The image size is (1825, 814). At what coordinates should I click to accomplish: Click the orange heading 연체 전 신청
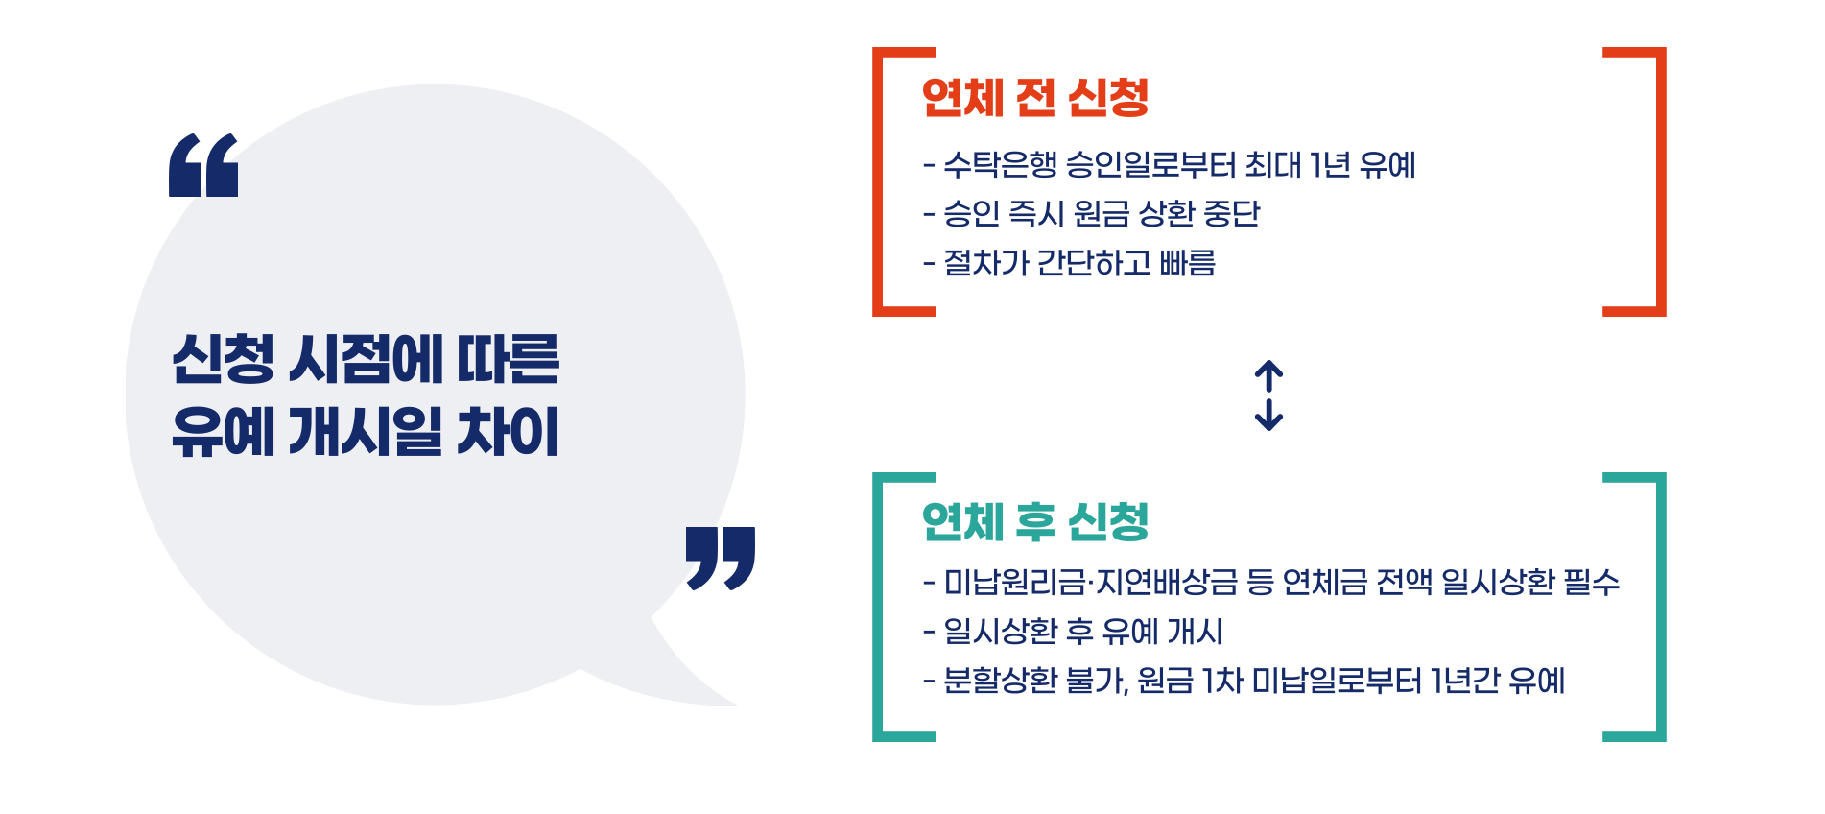[x=1034, y=98]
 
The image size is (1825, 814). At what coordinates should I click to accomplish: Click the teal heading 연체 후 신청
[x=1034, y=523]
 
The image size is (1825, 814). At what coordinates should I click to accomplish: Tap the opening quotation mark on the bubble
[x=203, y=166]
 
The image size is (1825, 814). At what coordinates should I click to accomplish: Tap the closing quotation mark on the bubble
[x=720, y=557]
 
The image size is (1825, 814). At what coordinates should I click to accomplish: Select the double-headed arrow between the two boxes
[x=1268, y=395]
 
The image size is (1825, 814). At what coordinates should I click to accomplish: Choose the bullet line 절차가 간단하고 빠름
[x=1070, y=263]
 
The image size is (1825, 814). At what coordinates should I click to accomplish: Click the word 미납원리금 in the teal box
[x=1015, y=582]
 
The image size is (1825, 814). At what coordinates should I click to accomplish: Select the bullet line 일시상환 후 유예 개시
[x=1074, y=632]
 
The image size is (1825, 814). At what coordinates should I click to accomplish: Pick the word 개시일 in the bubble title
[x=366, y=432]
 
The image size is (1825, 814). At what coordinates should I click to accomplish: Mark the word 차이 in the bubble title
[x=508, y=432]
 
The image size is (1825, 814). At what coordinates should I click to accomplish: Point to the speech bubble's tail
[x=691, y=672]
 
